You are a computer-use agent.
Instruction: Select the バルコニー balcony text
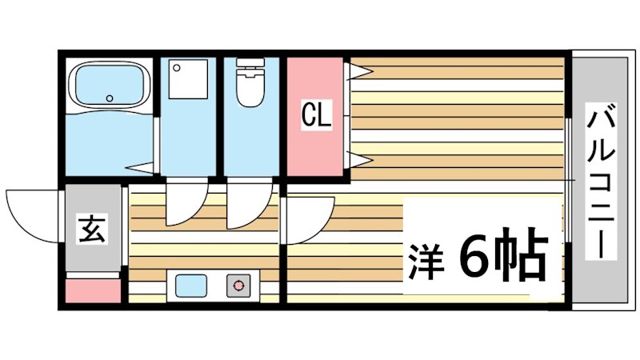[602, 182]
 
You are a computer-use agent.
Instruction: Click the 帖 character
[520, 254]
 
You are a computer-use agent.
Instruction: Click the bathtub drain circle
[109, 98]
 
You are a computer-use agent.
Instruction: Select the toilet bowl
[250, 90]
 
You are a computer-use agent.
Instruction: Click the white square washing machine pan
[188, 79]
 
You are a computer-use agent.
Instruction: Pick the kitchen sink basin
[191, 286]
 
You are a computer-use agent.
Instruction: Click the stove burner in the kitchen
[238, 286]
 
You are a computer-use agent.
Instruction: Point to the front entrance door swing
[33, 216]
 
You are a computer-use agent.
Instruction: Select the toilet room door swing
[250, 203]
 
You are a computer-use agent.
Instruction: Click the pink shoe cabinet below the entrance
[94, 291]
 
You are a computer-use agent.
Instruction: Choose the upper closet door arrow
[359, 72]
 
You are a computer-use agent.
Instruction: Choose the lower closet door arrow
[359, 159]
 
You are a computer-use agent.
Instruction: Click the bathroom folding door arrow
[140, 168]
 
